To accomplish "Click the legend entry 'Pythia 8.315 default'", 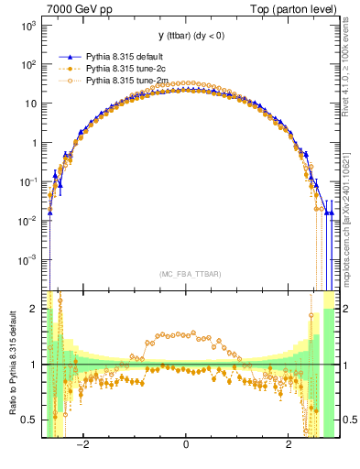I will point(128,55).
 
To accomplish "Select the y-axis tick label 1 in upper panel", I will point(33,143).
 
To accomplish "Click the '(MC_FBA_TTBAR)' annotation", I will point(187,274).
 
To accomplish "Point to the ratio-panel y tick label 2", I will point(33,310).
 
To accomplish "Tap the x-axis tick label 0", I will point(186,445).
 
